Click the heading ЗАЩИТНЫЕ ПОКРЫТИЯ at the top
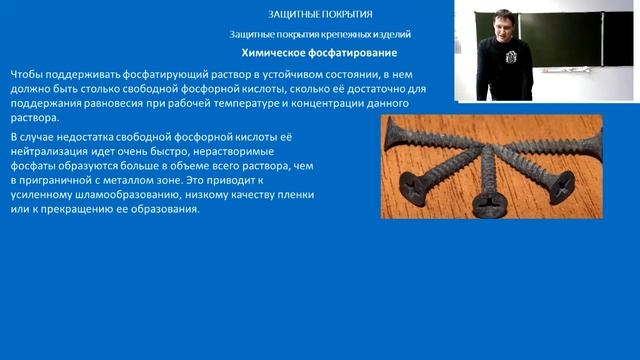pos(320,15)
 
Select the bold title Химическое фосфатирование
pos(320,52)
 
